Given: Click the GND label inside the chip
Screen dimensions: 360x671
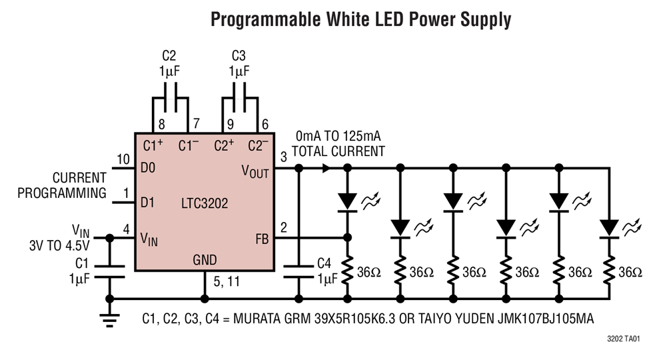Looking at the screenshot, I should click(x=205, y=260).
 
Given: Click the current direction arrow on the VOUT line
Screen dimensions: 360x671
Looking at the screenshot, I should click(x=327, y=169).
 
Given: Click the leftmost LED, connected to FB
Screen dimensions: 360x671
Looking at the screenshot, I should click(x=346, y=201).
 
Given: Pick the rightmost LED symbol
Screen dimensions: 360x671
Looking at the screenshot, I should click(x=608, y=227).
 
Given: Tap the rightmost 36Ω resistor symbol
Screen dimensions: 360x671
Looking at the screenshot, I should click(x=608, y=271).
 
